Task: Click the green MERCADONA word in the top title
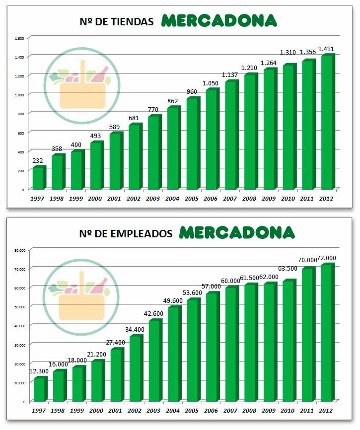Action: [219, 21]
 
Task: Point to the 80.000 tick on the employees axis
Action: [19, 250]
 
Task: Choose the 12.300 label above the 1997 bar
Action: [39, 372]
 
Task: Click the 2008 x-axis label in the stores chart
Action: [250, 198]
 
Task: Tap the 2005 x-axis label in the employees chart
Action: [192, 410]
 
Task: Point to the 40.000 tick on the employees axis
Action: [19, 325]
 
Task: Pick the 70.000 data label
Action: [307, 260]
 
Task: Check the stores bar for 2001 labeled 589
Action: [115, 161]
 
